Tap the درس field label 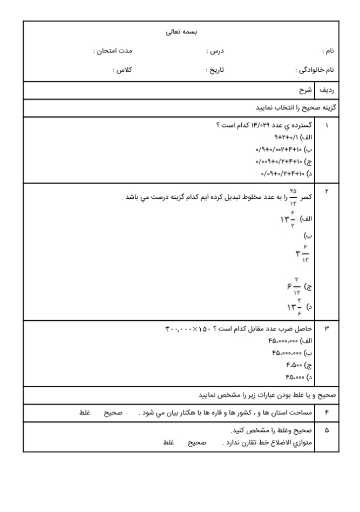(215, 51)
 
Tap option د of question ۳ (298, 376)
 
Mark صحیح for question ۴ (114, 413)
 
